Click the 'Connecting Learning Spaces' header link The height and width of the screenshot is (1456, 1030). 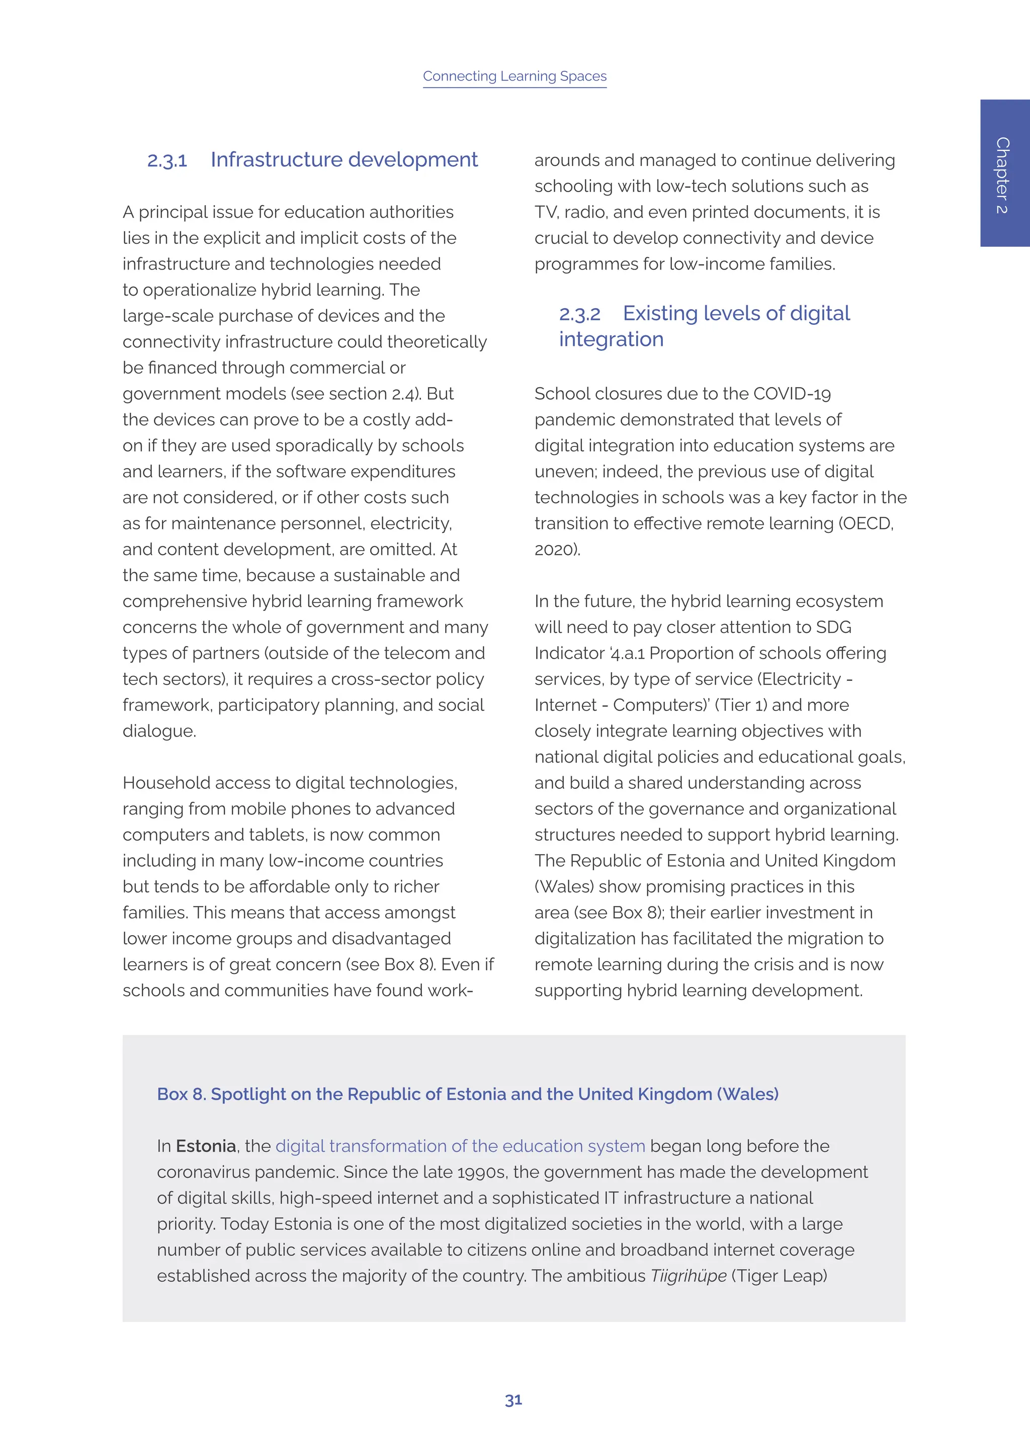[x=514, y=76]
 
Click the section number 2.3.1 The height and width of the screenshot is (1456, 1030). [x=167, y=160]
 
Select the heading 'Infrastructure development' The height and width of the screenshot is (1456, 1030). [x=344, y=160]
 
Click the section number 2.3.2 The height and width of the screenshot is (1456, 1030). [x=579, y=314]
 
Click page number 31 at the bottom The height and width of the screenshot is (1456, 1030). [x=513, y=1400]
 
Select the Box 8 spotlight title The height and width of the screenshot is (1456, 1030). [x=467, y=1094]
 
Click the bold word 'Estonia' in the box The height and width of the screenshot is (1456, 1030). [x=206, y=1146]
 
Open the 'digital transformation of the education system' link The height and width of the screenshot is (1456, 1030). [x=460, y=1146]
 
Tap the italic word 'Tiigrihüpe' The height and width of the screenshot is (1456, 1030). [x=688, y=1276]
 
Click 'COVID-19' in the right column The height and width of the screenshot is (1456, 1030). [x=792, y=394]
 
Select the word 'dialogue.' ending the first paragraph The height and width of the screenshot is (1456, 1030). [x=159, y=731]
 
